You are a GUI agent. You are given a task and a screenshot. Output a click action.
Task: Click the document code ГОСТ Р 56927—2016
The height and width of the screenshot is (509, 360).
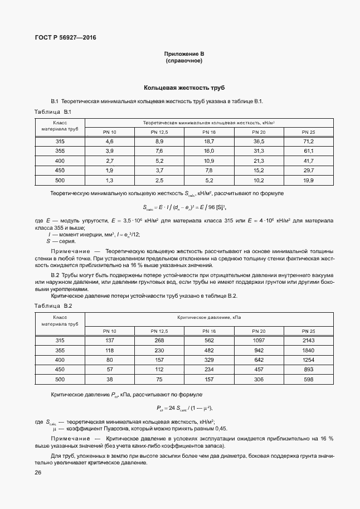point(61,38)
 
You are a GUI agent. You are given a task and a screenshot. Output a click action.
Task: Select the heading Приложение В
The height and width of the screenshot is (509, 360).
point(184,54)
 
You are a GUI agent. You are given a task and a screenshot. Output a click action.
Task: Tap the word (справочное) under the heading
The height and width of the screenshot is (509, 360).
point(184,61)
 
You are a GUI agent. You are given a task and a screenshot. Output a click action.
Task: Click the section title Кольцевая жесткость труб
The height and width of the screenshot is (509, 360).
point(184,88)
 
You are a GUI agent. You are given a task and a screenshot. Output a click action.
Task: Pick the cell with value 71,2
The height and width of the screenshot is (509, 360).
point(308,142)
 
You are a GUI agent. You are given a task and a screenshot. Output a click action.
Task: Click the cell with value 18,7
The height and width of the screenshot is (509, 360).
point(209,142)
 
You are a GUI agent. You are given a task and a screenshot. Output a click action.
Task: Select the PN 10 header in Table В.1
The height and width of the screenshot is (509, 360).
point(110,132)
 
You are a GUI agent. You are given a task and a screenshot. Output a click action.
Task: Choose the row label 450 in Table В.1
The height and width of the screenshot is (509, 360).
point(60,170)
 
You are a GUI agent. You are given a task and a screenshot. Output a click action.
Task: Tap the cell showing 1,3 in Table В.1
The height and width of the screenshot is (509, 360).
point(110,180)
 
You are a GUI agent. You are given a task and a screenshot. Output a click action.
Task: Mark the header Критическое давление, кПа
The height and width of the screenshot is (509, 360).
point(209,317)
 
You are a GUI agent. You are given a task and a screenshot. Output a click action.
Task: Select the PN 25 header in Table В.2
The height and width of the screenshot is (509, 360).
point(308,331)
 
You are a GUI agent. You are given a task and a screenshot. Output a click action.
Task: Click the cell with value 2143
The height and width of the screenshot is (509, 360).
point(308,341)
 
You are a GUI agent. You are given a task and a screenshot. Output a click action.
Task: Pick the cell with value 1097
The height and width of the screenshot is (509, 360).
point(259,341)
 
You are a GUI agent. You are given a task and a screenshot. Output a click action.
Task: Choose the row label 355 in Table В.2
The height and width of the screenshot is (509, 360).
point(60,350)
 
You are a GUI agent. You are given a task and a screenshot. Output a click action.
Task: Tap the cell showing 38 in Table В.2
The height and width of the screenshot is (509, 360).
point(110,379)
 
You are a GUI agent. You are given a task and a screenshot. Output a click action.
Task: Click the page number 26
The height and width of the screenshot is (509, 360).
point(37,473)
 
